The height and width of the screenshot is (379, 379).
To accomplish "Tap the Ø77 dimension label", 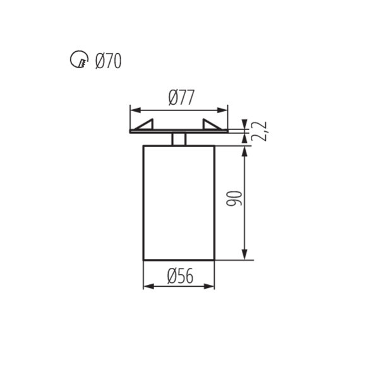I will (181, 97).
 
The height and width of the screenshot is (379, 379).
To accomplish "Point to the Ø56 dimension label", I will (179, 275).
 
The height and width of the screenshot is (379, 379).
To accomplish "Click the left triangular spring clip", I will (146, 125).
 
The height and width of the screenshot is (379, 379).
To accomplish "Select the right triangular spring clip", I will (212, 125).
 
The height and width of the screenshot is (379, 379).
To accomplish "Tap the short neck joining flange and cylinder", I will (179, 139).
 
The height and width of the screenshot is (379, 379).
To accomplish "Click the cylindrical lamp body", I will (179, 202).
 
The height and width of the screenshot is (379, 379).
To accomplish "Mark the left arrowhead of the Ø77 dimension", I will (134, 109).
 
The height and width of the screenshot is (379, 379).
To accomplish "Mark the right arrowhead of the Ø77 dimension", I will (224, 109).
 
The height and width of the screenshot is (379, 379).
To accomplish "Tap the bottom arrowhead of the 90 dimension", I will (245, 255).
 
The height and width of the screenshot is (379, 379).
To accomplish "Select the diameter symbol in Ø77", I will (172, 97).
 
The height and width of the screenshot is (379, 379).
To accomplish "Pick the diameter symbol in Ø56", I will (171, 275).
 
